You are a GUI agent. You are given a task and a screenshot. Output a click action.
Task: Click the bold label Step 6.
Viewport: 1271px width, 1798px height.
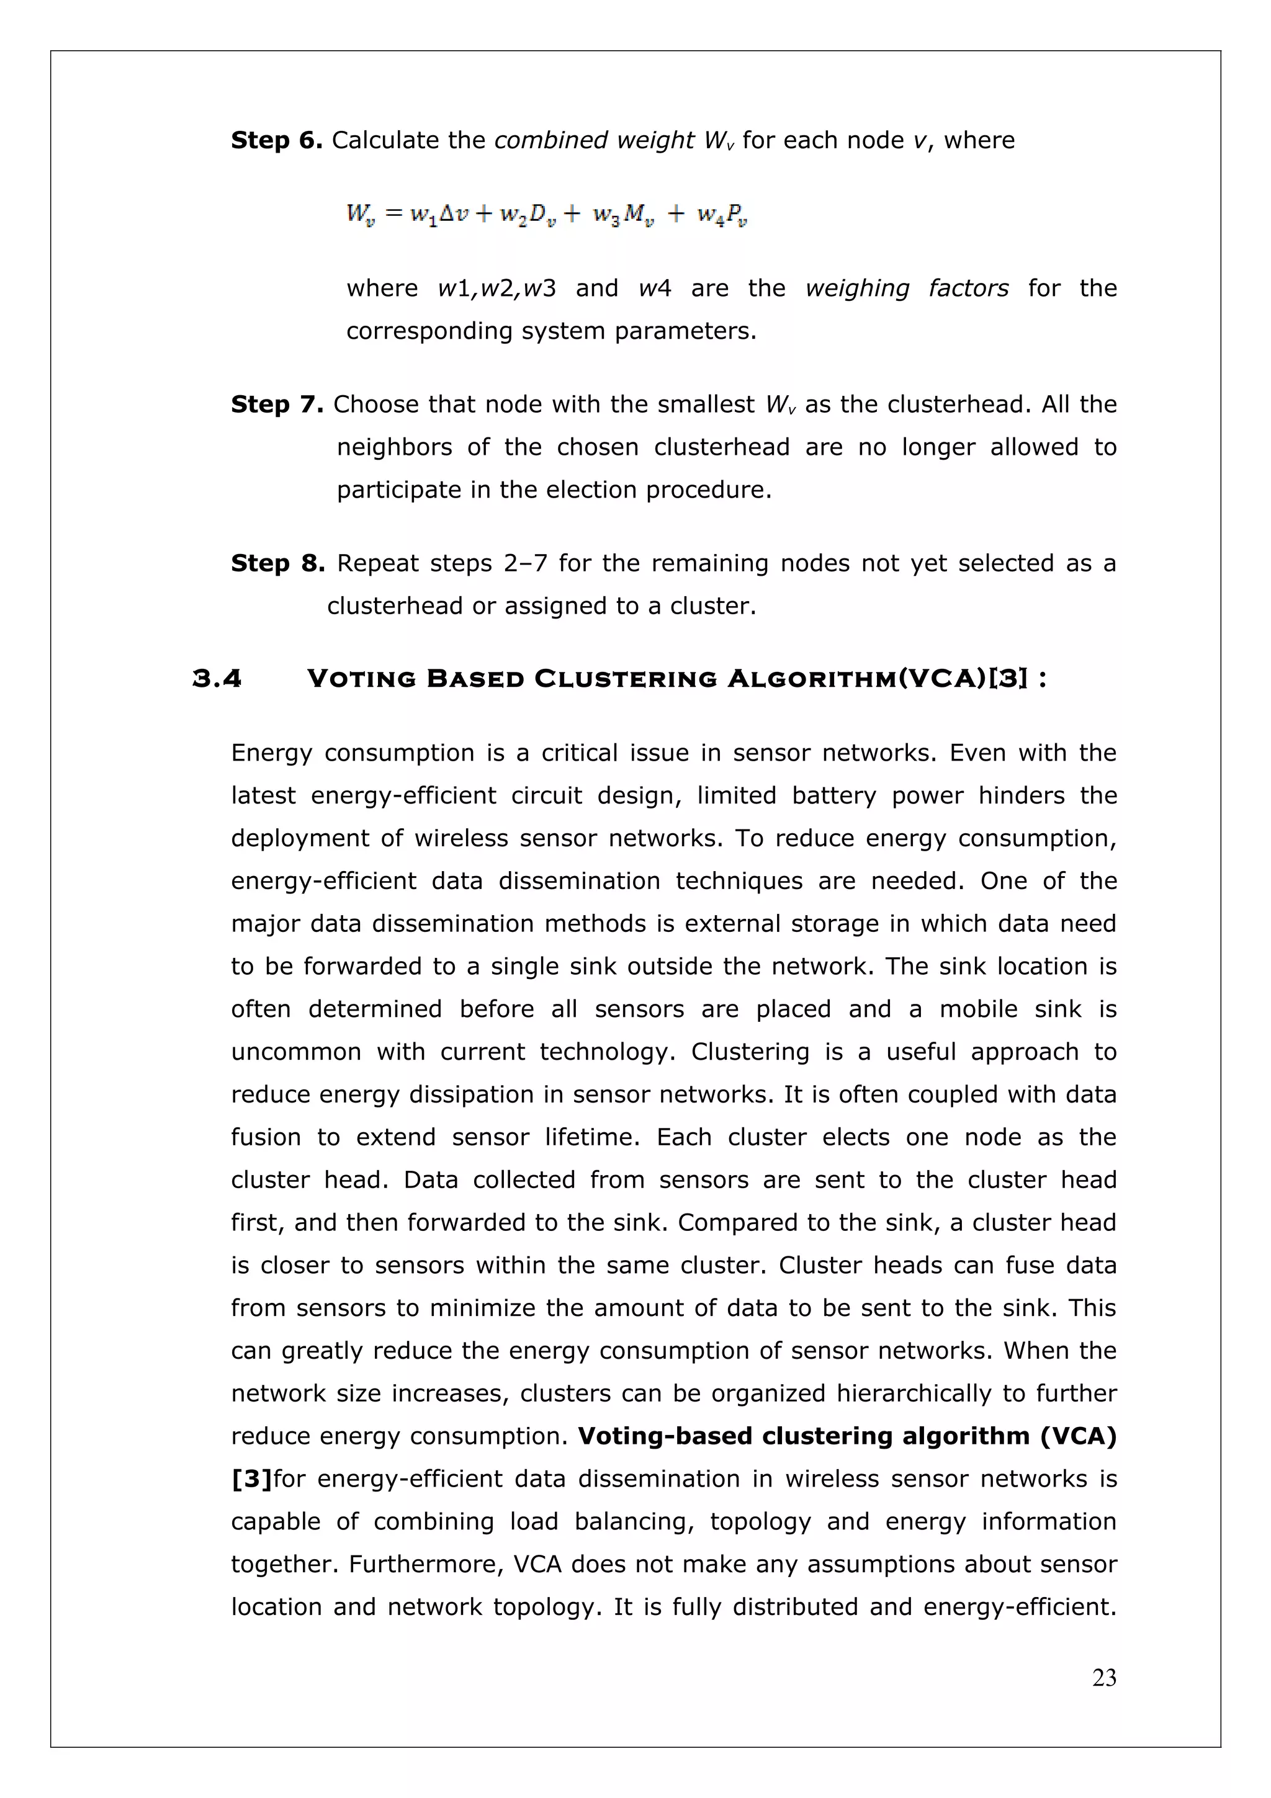(x=276, y=141)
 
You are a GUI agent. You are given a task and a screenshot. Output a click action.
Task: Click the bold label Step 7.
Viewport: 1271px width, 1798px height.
(x=276, y=405)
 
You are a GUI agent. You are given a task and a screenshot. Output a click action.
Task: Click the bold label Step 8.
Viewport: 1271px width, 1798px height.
(x=277, y=564)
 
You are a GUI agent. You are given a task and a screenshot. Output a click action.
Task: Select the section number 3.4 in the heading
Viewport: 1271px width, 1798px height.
(x=217, y=679)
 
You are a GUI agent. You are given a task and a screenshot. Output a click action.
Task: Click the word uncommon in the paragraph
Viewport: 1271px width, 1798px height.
(x=296, y=1052)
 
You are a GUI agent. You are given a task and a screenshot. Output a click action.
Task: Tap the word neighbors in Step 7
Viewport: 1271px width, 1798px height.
(x=394, y=448)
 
